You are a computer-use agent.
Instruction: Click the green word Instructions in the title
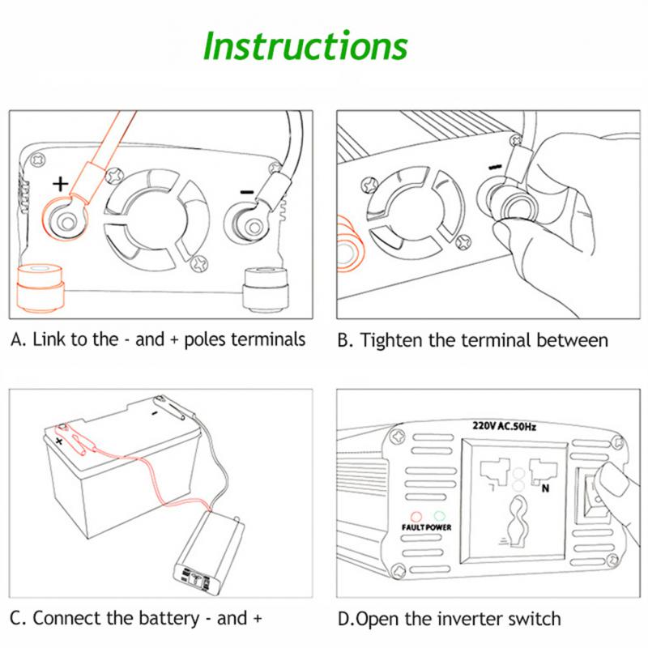[305, 46]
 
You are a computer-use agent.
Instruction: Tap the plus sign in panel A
[59, 183]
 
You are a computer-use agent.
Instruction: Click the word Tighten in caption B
[395, 340]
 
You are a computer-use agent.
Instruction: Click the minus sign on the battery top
[153, 412]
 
